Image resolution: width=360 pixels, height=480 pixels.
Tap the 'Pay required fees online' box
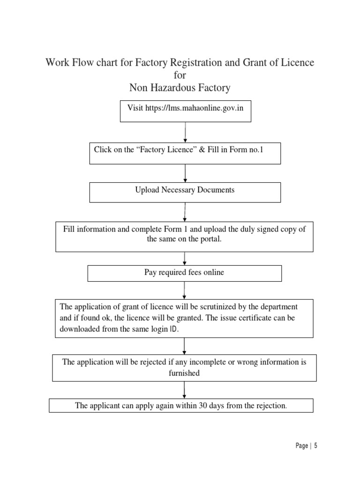tap(184, 272)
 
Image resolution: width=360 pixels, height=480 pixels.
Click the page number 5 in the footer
tap(316, 446)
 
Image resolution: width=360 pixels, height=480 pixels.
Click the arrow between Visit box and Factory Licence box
tap(186, 132)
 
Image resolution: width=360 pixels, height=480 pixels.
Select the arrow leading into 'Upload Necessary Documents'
tap(186, 173)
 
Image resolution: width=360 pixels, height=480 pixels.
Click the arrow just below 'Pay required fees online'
tap(185, 290)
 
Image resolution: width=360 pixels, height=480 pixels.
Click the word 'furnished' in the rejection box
tap(184, 373)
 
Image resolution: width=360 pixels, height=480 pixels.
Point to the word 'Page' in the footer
tap(302, 446)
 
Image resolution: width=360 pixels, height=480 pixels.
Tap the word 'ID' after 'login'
tap(174, 330)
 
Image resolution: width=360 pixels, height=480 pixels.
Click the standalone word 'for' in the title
tap(180, 75)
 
